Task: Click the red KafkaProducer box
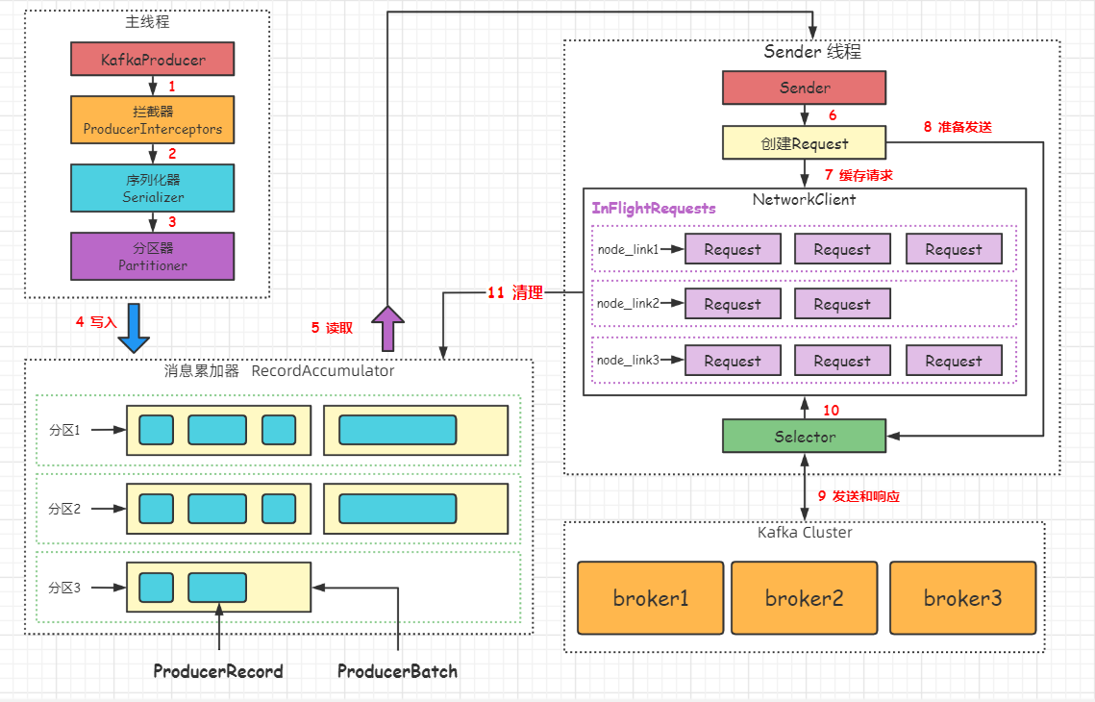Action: click(x=153, y=60)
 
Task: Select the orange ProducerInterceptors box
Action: click(x=153, y=120)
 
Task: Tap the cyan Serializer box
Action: click(x=153, y=188)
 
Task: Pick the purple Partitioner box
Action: click(x=153, y=256)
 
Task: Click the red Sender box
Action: click(x=805, y=88)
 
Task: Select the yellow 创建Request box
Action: click(x=805, y=143)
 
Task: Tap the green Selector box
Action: click(x=805, y=437)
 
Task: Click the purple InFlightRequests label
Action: click(x=654, y=208)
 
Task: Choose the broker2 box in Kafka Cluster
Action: click(x=804, y=598)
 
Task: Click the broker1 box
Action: click(x=651, y=598)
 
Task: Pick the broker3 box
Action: click(x=962, y=598)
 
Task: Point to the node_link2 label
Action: click(x=628, y=304)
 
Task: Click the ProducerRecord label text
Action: click(x=218, y=671)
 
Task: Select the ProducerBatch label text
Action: click(x=397, y=671)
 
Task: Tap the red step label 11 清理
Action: click(x=514, y=293)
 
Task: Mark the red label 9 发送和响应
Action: click(x=859, y=496)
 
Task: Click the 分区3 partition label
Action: click(x=65, y=587)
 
